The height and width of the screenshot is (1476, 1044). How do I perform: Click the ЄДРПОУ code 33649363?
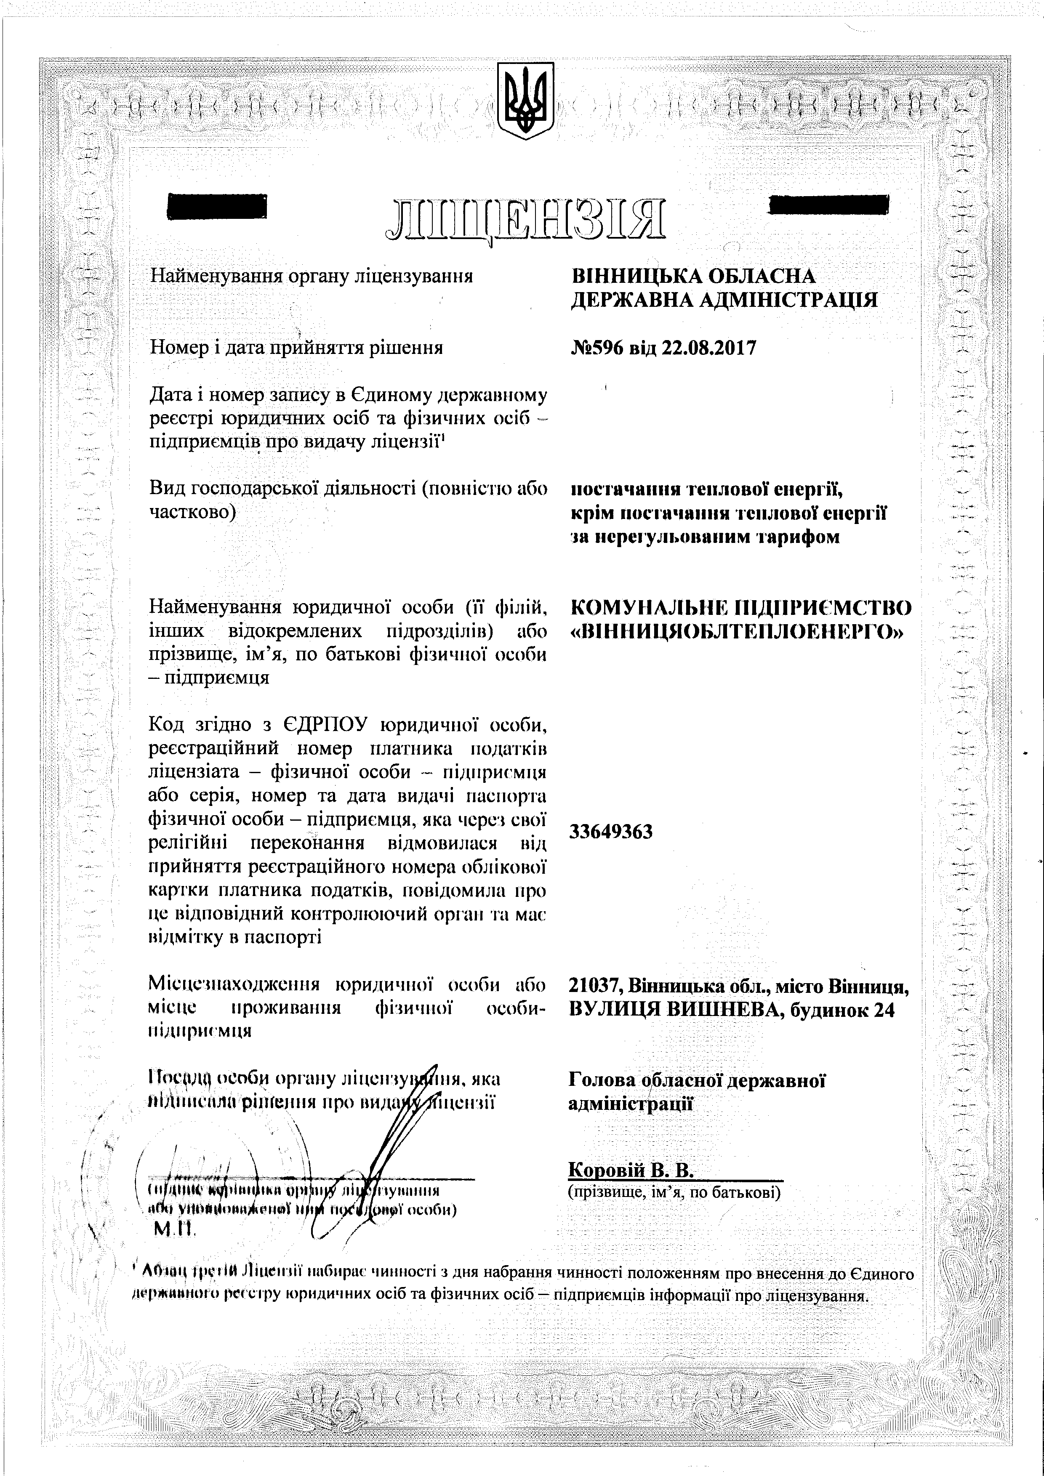pos(611,832)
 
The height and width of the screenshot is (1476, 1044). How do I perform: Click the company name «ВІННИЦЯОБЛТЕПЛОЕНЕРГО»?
pos(737,633)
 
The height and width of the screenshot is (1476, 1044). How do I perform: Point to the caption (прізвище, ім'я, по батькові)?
pos(674,1193)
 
